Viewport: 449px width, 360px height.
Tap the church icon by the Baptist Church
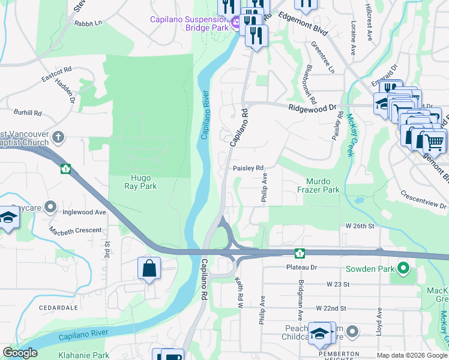[58, 137]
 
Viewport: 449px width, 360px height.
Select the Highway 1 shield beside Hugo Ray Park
[65, 169]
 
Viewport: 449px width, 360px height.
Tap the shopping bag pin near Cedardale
[149, 269]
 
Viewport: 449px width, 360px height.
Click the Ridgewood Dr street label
[313, 109]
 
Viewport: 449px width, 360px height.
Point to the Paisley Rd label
[249, 169]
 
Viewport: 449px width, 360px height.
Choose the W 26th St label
[360, 226]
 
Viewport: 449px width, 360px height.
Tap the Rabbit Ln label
[88, 23]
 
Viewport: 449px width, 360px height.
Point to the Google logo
[20, 353]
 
